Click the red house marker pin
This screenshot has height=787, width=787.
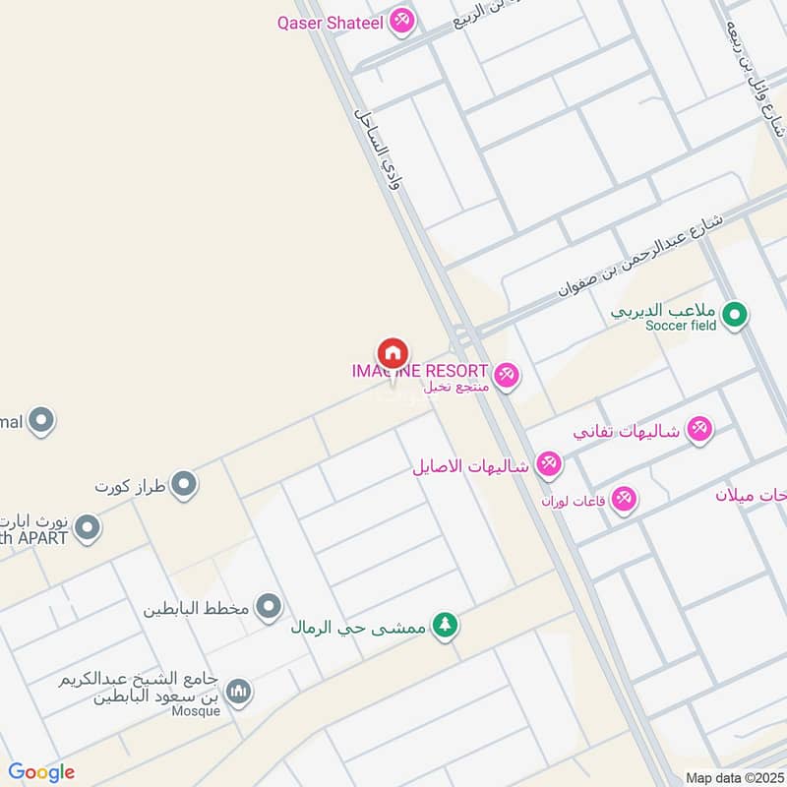tap(392, 353)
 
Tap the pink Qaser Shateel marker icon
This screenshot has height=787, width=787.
tap(401, 21)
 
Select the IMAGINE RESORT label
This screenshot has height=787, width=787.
tap(420, 371)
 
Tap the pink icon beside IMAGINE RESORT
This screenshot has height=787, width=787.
tap(506, 375)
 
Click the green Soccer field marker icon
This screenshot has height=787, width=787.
tap(733, 316)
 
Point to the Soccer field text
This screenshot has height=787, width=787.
tap(681, 325)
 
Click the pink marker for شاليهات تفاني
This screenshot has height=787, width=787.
tap(698, 429)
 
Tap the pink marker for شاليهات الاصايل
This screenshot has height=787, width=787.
tap(548, 464)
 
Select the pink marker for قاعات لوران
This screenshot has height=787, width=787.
tap(623, 499)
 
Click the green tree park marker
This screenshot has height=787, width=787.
tap(446, 625)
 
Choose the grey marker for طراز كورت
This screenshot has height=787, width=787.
tap(183, 484)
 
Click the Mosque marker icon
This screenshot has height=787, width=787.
tap(238, 693)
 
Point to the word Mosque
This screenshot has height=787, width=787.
tap(196, 711)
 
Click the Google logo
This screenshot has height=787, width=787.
tap(41, 772)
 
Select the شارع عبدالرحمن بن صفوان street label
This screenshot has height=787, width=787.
tap(641, 251)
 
